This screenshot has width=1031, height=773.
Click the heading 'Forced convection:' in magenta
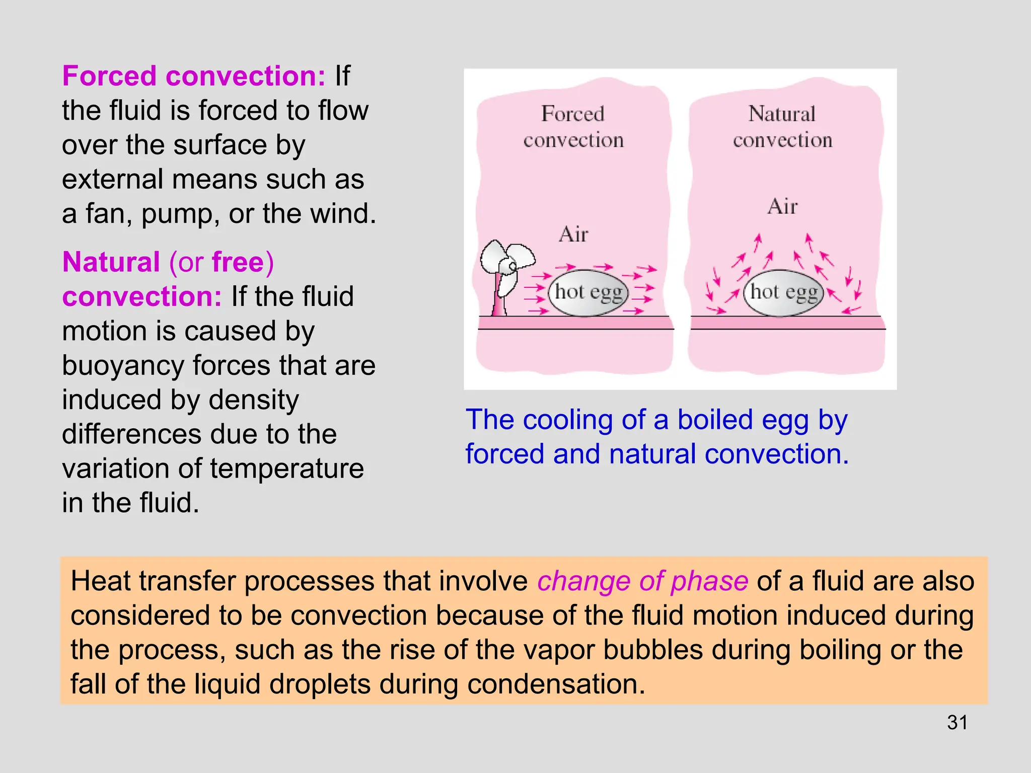(194, 76)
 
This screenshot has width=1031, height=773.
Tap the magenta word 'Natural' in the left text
(111, 262)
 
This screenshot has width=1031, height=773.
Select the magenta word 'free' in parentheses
(238, 262)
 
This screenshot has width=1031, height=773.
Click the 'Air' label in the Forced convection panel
(573, 235)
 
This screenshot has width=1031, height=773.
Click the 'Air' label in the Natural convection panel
(782, 206)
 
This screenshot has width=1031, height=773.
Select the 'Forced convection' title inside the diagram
(573, 127)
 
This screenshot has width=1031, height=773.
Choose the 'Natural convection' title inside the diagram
(782, 127)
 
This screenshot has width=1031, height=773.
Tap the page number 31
(957, 723)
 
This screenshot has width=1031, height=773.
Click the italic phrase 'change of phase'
(642, 581)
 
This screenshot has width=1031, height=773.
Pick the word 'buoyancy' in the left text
(123, 366)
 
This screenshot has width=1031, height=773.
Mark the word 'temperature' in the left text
(286, 469)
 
